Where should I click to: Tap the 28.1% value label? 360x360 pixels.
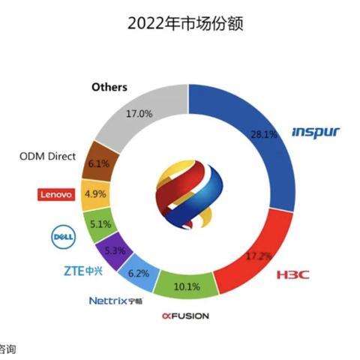[265, 135]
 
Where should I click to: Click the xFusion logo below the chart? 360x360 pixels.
[184, 316]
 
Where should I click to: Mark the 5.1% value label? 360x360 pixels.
[100, 223]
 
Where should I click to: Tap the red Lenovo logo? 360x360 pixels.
[55, 194]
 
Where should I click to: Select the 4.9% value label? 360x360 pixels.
[100, 193]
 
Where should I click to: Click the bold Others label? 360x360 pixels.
[109, 87]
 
